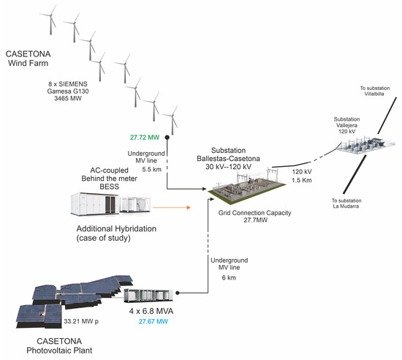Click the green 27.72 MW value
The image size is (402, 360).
145,138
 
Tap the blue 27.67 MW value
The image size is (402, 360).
153,321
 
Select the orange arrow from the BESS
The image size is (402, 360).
172,207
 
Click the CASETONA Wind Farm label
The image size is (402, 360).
29,59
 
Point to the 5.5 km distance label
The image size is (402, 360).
152,169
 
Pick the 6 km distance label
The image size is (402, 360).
229,277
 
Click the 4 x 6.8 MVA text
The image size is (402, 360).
151,311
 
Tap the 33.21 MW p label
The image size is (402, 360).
81,321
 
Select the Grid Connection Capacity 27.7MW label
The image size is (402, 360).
255,217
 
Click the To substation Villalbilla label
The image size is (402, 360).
374,91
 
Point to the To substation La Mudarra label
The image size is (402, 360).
346,203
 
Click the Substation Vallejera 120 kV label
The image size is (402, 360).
346,125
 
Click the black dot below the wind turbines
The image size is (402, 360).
167,138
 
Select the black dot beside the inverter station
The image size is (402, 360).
178,293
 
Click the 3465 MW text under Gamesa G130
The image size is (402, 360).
68,98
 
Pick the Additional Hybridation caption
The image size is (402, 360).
116,233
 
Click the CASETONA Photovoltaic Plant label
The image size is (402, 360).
59,345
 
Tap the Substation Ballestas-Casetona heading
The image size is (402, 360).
229,159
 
